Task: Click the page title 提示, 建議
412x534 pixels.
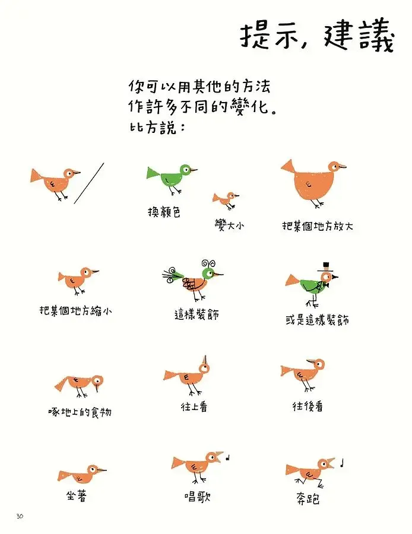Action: (316, 37)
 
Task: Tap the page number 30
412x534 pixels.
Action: (20, 516)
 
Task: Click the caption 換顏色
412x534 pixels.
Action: (164, 212)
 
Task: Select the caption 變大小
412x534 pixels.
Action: (230, 225)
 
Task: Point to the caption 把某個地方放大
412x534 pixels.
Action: (318, 226)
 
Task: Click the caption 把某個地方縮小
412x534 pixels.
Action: (75, 310)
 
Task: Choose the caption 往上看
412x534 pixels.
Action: (194, 407)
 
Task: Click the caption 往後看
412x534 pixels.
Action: (308, 406)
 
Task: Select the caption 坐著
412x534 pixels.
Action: (77, 496)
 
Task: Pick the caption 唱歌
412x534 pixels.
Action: (197, 496)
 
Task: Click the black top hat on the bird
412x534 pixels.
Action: (325, 266)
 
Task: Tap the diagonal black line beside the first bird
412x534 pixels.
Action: (89, 183)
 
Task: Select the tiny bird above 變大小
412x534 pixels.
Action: (226, 199)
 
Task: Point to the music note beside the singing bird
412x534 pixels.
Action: (229, 457)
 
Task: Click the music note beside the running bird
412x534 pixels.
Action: (343, 462)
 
